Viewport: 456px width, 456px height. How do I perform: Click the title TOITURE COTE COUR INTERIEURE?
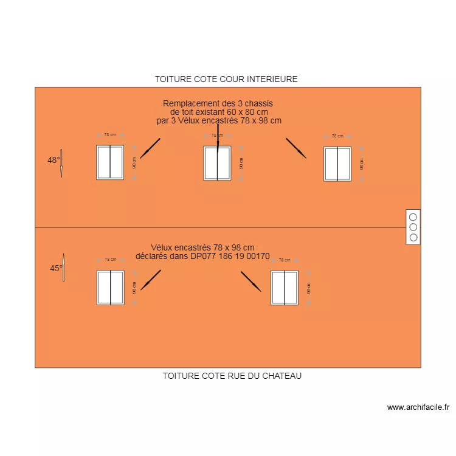tap(226, 79)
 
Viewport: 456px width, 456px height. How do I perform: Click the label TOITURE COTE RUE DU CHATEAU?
tap(232, 376)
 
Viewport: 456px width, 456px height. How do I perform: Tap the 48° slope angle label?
tap(54, 161)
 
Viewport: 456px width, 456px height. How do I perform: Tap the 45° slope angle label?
tap(55, 268)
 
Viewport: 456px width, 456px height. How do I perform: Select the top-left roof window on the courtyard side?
tap(110, 162)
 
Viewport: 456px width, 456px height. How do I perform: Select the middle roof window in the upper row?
tap(217, 164)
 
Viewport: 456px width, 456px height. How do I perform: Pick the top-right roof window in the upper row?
tap(337, 164)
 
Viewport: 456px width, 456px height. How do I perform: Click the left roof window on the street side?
tap(111, 288)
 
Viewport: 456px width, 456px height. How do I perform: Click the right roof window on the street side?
tap(285, 288)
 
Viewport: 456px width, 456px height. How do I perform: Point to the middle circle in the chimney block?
tap(413, 227)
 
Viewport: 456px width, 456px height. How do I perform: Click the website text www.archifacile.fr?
tap(418, 407)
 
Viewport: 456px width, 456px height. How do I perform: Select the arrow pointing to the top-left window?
tap(150, 148)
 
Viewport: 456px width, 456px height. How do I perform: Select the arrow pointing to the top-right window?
tap(296, 148)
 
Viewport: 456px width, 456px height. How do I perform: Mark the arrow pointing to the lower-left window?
tap(151, 280)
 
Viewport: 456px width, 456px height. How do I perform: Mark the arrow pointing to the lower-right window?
tap(250, 281)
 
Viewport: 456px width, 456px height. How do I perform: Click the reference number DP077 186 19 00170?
tap(230, 257)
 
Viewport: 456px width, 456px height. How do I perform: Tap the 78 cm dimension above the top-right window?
tap(337, 136)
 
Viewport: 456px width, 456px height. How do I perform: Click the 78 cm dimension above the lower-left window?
tap(110, 260)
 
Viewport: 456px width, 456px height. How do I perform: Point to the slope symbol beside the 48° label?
tap(61, 164)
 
